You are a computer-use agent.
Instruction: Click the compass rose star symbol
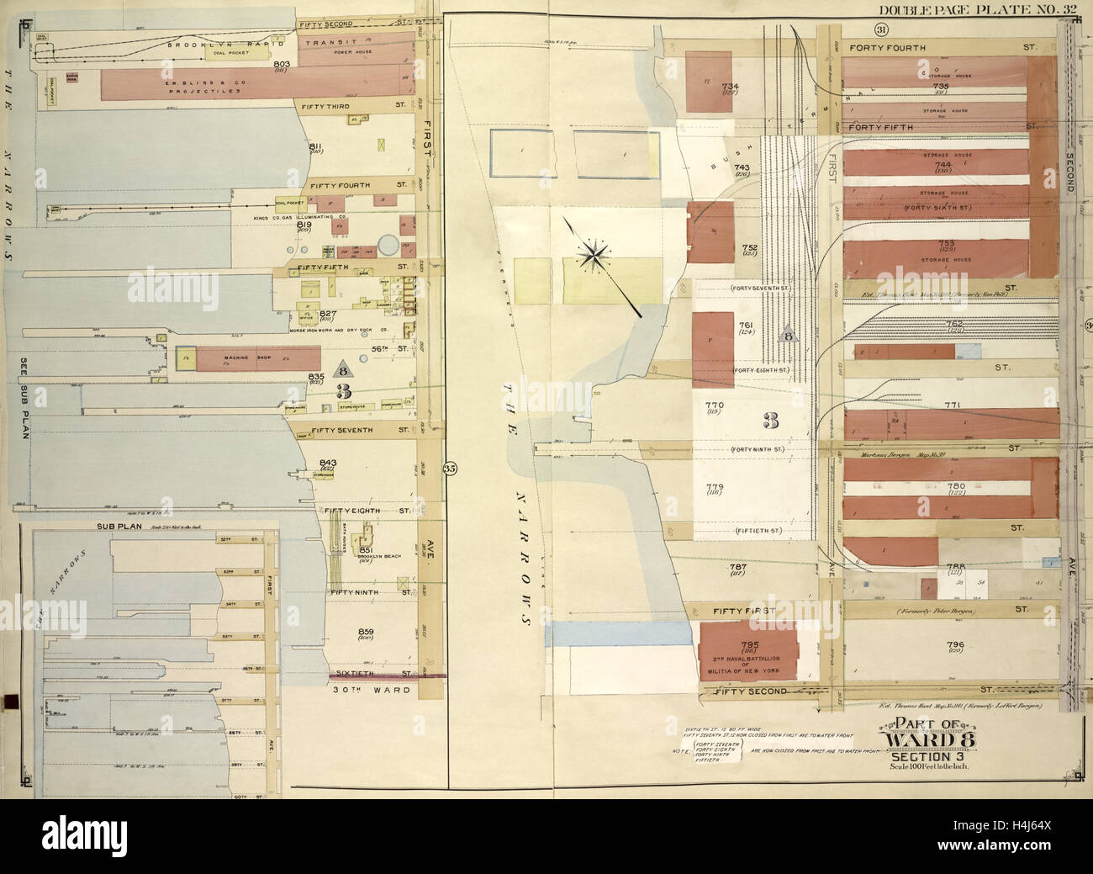click(x=594, y=253)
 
